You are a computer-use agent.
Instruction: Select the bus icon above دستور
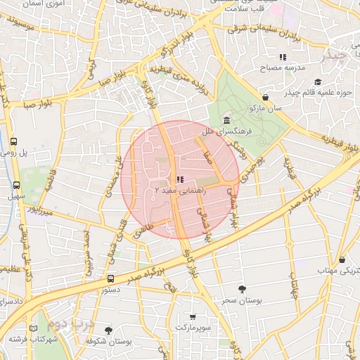point(111,279)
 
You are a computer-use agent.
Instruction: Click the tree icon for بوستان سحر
point(243,289)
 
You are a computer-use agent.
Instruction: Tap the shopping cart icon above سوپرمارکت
point(193,317)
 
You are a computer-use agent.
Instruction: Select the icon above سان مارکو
point(264,98)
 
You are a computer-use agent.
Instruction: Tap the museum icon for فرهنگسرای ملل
point(226,120)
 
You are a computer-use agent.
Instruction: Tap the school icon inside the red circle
point(180,179)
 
